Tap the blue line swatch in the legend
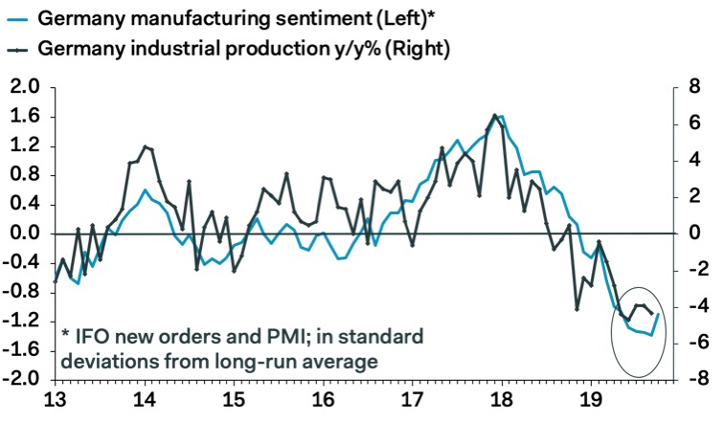pos(17,16)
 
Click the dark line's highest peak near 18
pos(494,116)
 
